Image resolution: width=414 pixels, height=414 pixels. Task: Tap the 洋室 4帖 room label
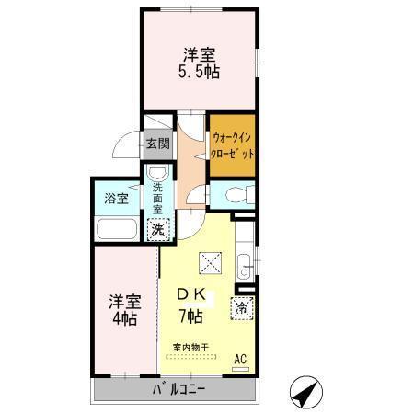click(123, 310)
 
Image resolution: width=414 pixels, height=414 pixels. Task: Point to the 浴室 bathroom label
click(115, 198)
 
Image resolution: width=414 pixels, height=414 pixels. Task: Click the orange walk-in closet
click(231, 144)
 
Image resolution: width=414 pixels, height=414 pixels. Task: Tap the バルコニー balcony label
click(178, 388)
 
